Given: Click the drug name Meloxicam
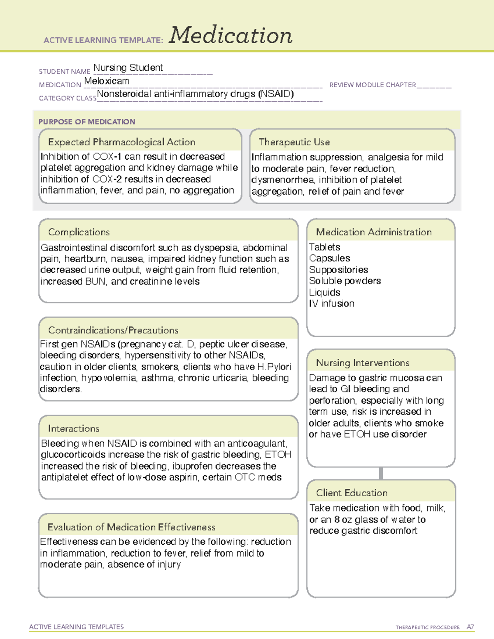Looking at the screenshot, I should coord(107,81).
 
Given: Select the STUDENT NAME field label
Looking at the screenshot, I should coord(65,72).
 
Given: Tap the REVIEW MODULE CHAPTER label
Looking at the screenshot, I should coord(373,85).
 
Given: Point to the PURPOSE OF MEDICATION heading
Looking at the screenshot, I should coord(87,122).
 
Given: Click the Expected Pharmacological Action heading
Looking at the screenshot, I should coord(121,142).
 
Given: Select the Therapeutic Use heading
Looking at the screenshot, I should coord(294,142).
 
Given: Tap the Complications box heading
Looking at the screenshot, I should coord(79,232).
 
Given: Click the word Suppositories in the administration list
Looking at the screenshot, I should coord(338,270).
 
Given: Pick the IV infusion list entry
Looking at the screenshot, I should coord(331,304).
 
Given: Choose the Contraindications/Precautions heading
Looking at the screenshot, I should coord(113,330).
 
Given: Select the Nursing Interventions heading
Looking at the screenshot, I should coord(363,363).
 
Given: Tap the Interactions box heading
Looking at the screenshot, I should coord(73,429).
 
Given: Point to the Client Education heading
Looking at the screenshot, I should coord(352,493).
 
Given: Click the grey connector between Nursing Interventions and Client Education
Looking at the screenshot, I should coord(381,473).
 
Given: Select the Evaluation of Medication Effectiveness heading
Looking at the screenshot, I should coord(131,527).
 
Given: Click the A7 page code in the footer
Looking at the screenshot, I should coord(470,627).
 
